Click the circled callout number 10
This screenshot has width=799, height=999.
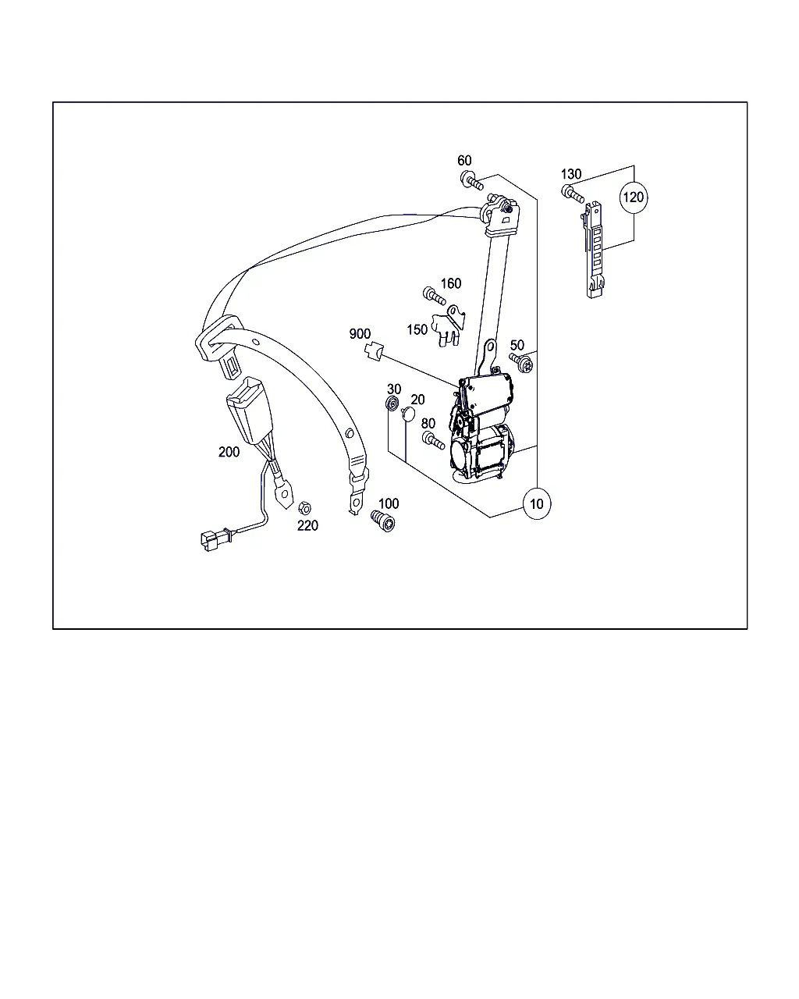click(x=536, y=503)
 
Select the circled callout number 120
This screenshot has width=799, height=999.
click(x=634, y=197)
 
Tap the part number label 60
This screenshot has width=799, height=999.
click(x=464, y=161)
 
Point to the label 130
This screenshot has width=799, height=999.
click(x=570, y=174)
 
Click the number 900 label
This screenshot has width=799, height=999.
click(x=360, y=334)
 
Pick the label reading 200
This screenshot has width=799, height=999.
click(x=229, y=452)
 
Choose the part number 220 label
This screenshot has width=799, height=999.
click(x=307, y=525)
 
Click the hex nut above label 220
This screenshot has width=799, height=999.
click(x=304, y=508)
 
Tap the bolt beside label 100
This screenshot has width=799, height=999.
click(x=383, y=521)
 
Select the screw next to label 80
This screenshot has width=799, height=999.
click(x=433, y=440)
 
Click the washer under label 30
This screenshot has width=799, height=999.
click(x=392, y=403)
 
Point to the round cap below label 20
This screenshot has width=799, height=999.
click(x=407, y=414)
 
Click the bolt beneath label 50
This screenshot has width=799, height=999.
click(x=521, y=362)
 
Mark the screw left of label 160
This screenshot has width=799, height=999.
click(x=435, y=296)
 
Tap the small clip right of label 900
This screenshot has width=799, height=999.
click(x=374, y=351)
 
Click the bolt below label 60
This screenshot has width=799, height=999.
click(x=472, y=180)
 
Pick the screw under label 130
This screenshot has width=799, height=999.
click(x=573, y=194)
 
